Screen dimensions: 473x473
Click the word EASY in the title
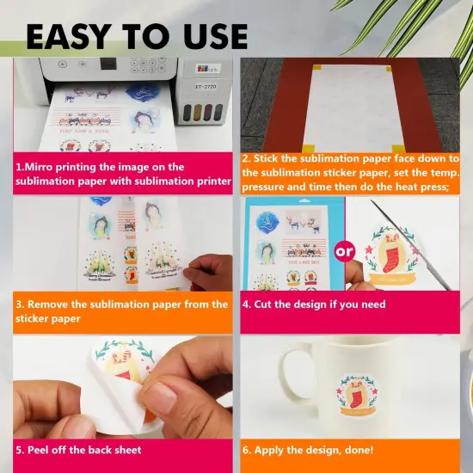tap(67, 36)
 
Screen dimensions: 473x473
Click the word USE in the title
tap(216, 36)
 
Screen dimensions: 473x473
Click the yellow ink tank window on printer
tap(197, 112)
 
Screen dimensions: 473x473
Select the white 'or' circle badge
tap(344, 251)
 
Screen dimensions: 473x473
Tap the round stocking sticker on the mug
tap(358, 396)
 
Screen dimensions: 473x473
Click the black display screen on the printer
tap(108, 64)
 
